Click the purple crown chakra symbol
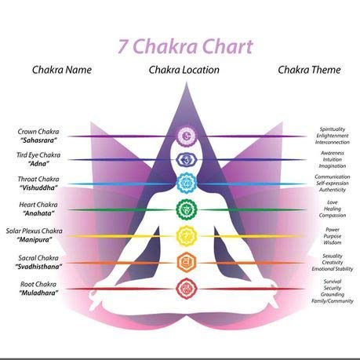click(187, 136)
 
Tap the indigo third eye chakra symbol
click(187, 159)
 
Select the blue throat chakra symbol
click(187, 183)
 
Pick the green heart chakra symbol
click(187, 209)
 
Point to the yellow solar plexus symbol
click(187, 236)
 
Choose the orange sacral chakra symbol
click(187, 262)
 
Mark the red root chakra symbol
click(187, 289)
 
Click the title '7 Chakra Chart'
click(185, 46)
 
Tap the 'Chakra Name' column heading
click(62, 70)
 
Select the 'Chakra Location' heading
click(184, 70)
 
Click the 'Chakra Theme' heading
click(309, 70)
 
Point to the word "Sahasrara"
click(38, 140)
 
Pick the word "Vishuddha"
click(38, 187)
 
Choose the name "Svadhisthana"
click(38, 267)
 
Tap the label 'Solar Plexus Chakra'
click(35, 231)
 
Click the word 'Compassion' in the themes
click(333, 216)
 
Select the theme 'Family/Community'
click(333, 301)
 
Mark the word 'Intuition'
click(333, 159)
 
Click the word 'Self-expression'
click(333, 184)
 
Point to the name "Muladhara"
click(38, 293)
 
